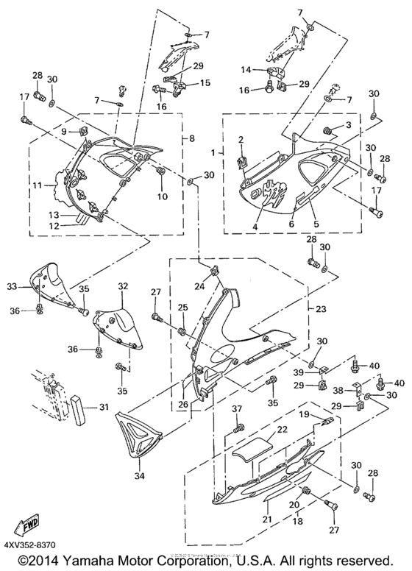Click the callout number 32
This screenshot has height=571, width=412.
point(123,286)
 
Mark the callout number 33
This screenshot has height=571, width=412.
point(32,286)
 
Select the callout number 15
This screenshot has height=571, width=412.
point(205,82)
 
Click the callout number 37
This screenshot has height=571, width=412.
point(237,409)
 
